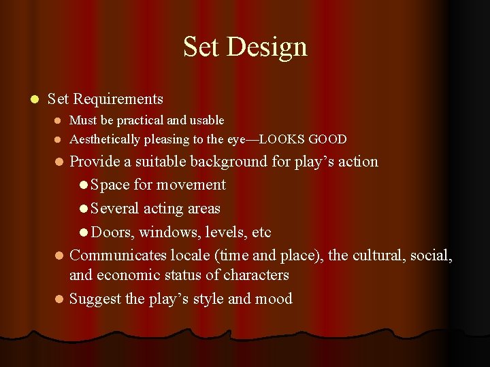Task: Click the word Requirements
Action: (118, 99)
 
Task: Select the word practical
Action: (140, 120)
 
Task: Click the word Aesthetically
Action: (105, 140)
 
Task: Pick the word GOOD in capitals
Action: (327, 140)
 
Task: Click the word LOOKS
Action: (282, 140)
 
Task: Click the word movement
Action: (191, 185)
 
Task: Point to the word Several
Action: (116, 209)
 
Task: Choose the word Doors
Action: (112, 232)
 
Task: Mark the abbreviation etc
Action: (261, 232)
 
